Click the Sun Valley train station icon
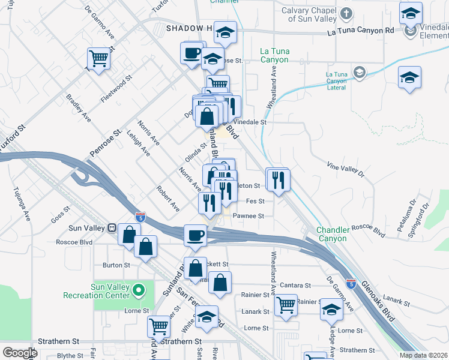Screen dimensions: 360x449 click(111, 229)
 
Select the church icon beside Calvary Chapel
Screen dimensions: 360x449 click(346, 13)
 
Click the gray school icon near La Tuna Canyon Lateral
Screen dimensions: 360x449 click(359, 73)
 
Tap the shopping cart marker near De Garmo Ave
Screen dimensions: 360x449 click(98, 59)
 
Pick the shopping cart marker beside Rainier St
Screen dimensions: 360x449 click(286, 304)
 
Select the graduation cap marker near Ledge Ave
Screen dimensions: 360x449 click(331, 309)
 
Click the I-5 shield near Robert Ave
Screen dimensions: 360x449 click(140, 215)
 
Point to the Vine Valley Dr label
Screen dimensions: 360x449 click(345, 169)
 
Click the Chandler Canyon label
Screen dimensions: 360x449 click(332, 234)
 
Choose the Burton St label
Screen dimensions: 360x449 click(116, 265)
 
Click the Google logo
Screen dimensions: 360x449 click(20, 353)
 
